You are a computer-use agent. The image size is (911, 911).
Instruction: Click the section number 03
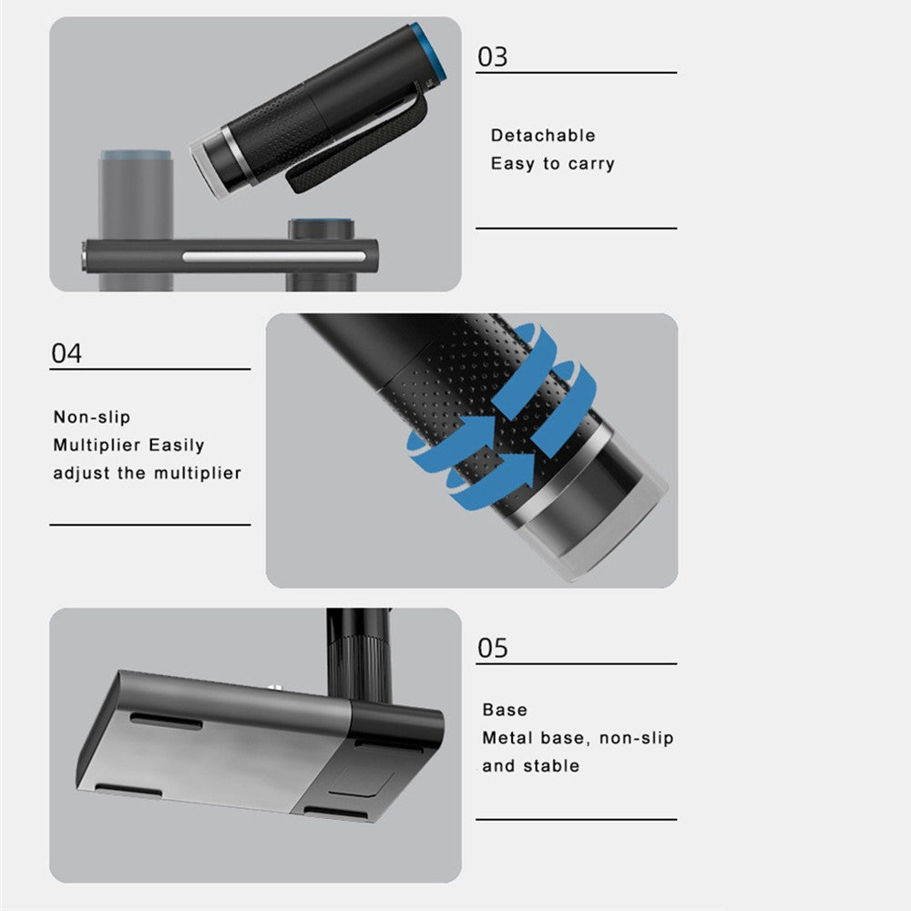(x=492, y=56)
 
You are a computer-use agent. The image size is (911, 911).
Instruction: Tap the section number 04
(x=67, y=353)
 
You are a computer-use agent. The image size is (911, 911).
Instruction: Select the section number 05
(x=492, y=648)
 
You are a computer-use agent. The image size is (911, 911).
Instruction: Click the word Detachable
(x=543, y=136)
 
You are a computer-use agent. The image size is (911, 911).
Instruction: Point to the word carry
(x=591, y=164)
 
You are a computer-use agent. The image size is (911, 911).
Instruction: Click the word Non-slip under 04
(x=92, y=417)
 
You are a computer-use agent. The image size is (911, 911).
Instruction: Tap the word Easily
(x=177, y=445)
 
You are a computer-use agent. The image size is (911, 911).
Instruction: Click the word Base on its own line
(x=505, y=710)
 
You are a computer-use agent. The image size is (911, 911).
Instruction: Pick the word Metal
(x=507, y=738)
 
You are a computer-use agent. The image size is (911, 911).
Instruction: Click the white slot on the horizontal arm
(x=273, y=257)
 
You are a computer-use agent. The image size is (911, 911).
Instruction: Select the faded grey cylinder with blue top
(x=136, y=220)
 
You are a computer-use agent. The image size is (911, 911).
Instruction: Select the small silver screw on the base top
(x=274, y=689)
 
